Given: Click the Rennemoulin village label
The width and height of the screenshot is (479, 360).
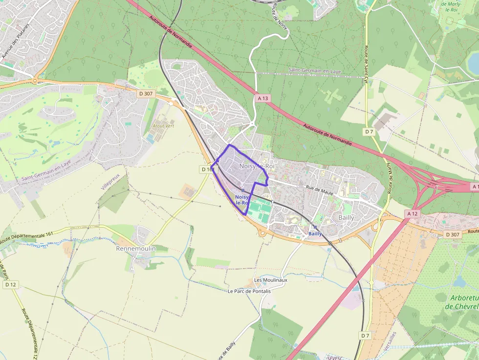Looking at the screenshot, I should [x=136, y=249].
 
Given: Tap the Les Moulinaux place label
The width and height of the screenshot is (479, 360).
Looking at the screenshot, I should [x=271, y=280].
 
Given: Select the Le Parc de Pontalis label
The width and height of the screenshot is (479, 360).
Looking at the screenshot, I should [x=249, y=291].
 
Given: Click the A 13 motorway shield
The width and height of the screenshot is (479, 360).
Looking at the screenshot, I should [x=262, y=98].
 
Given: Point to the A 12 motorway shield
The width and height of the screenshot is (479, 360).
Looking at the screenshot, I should [x=413, y=214].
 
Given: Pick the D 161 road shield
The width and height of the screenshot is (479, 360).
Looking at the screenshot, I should [x=207, y=169].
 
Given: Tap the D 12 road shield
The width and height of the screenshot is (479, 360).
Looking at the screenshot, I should [x=10, y=284].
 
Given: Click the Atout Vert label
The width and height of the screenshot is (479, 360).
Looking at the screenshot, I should [x=163, y=126].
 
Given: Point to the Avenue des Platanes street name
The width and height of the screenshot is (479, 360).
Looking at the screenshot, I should [x=16, y=41].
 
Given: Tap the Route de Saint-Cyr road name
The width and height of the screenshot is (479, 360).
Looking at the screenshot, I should [x=366, y=63].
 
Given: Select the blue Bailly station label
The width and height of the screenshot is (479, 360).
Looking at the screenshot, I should [x=315, y=233].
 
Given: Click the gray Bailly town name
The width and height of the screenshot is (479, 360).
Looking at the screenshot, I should [x=347, y=217].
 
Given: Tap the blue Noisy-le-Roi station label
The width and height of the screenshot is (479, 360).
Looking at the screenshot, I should [x=242, y=199].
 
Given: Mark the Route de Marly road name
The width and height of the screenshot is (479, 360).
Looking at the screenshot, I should [x=390, y=178].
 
